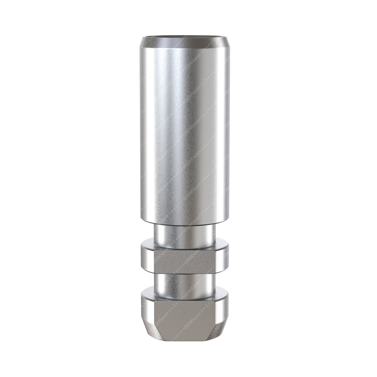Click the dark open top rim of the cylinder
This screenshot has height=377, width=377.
(185, 36)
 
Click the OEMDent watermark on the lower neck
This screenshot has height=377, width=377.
(194, 284)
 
